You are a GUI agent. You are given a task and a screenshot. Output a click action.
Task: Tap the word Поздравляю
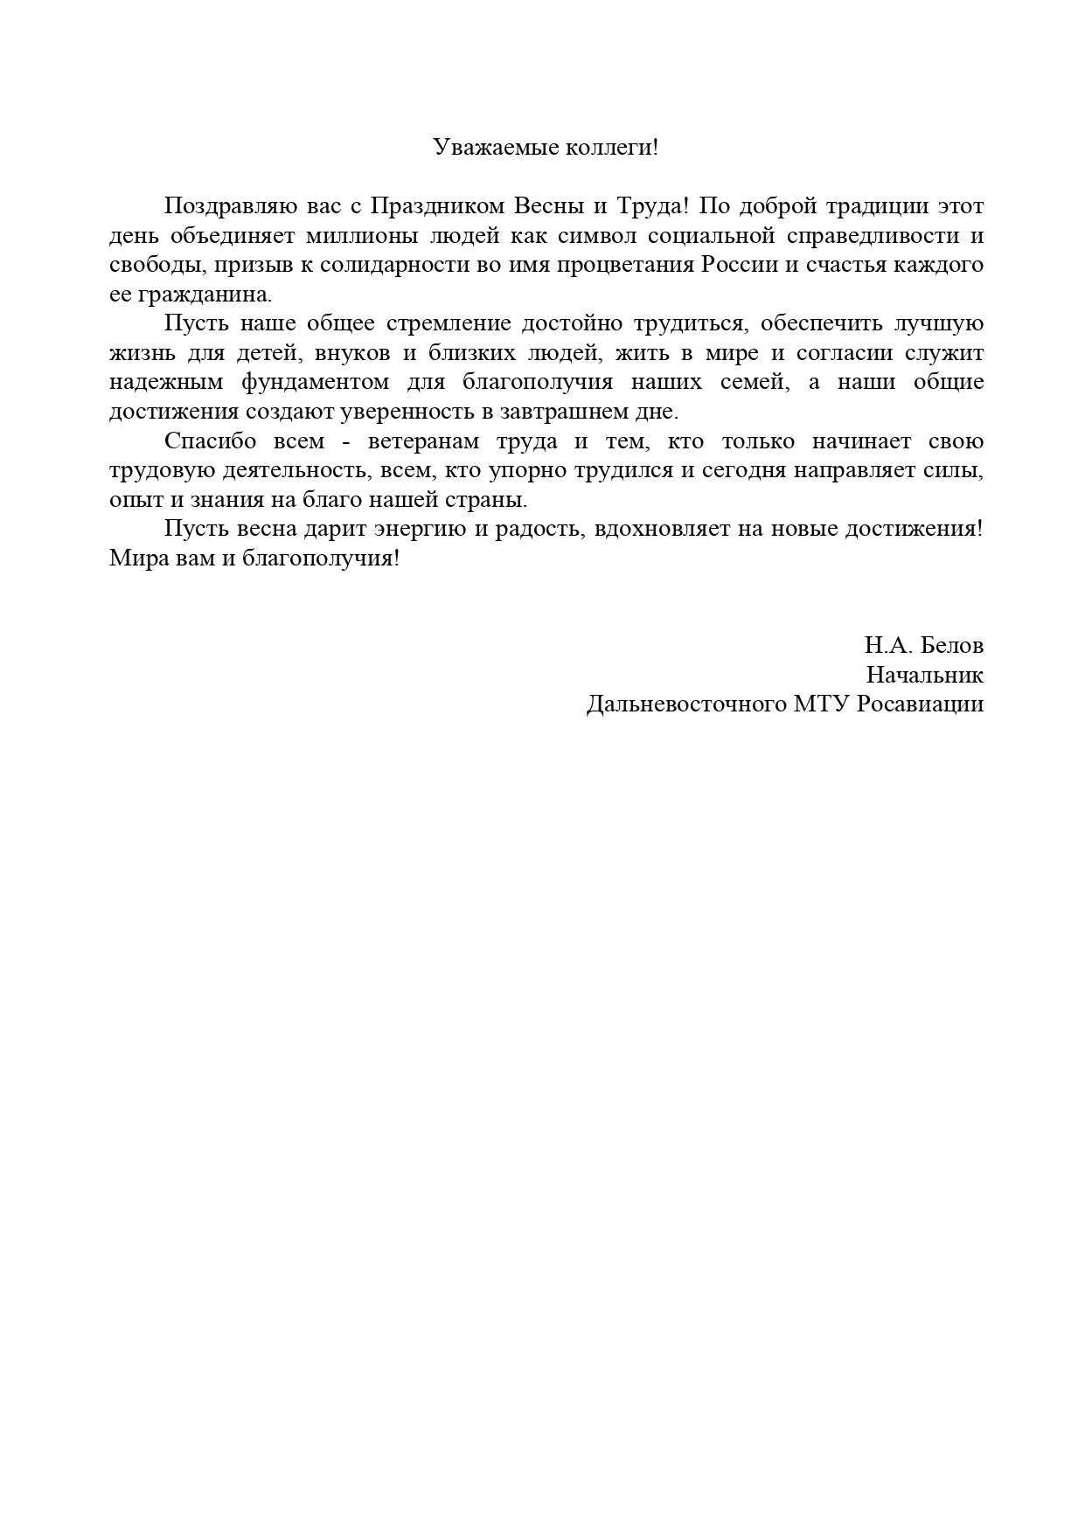220,206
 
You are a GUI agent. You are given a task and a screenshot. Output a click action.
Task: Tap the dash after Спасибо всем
347,442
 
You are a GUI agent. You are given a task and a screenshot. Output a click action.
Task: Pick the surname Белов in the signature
952,646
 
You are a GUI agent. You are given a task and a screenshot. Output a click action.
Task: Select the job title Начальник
925,676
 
